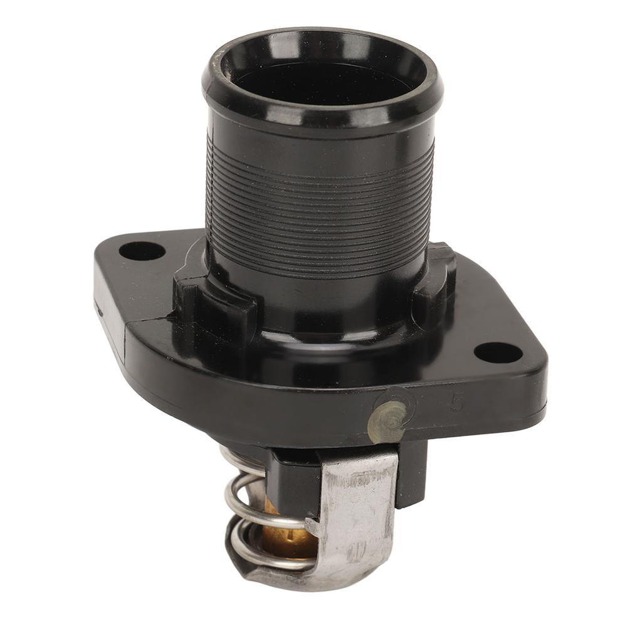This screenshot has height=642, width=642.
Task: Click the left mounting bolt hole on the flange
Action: click(142, 251)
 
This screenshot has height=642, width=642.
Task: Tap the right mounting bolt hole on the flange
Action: click(498, 352)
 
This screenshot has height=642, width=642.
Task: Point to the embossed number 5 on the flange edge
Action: click(457, 403)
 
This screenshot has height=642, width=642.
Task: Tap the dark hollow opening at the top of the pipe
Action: click(321, 82)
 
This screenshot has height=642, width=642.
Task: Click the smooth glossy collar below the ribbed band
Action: click(320, 301)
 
